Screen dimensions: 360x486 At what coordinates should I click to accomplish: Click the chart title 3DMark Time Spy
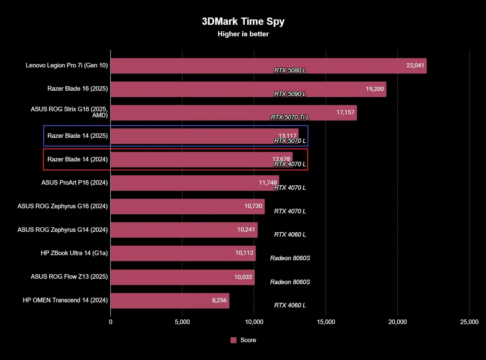[243, 21]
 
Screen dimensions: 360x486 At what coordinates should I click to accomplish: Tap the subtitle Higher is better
[243, 34]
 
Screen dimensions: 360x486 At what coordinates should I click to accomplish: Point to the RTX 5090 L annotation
[290, 94]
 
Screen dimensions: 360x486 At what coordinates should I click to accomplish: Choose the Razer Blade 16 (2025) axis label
[77, 89]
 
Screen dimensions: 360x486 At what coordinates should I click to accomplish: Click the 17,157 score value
[345, 112]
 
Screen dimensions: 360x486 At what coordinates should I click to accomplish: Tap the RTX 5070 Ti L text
[290, 118]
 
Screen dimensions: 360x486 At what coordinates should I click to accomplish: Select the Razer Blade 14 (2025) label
[77, 136]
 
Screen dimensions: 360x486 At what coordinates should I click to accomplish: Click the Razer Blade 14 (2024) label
[77, 159]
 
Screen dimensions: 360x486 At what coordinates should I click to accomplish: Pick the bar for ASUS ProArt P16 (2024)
[194, 183]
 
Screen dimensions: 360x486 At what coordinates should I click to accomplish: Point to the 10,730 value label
[253, 206]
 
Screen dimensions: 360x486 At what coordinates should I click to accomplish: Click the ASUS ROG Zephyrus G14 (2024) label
[62, 229]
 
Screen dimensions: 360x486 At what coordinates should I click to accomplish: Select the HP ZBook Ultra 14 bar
[182, 253]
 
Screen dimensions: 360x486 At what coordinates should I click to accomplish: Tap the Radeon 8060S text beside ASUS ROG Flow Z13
[290, 282]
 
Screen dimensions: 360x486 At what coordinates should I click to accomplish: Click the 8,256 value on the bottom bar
[218, 300]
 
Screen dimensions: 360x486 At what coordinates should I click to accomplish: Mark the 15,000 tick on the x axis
[326, 322]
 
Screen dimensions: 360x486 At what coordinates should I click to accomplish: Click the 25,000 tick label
[469, 322]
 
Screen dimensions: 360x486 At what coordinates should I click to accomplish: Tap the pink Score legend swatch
[233, 340]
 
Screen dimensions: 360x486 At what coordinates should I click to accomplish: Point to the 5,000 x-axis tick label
[182, 322]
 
